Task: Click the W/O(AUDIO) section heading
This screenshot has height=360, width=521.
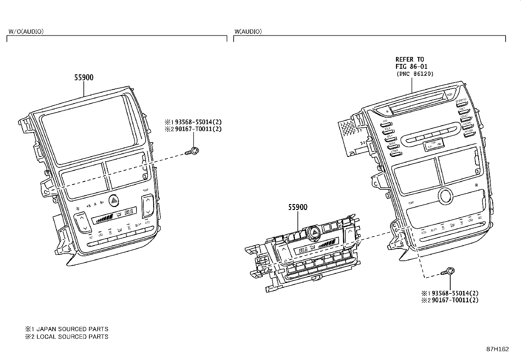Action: point(26,31)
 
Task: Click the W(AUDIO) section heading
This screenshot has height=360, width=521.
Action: point(248,31)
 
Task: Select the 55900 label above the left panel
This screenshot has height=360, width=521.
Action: point(84,78)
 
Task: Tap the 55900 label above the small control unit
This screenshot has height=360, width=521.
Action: point(298,207)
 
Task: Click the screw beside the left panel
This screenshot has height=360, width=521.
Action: point(193,151)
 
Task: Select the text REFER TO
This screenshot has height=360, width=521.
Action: point(409,59)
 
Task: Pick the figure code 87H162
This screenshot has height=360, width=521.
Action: point(497,349)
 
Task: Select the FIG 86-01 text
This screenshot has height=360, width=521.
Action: point(411,66)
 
